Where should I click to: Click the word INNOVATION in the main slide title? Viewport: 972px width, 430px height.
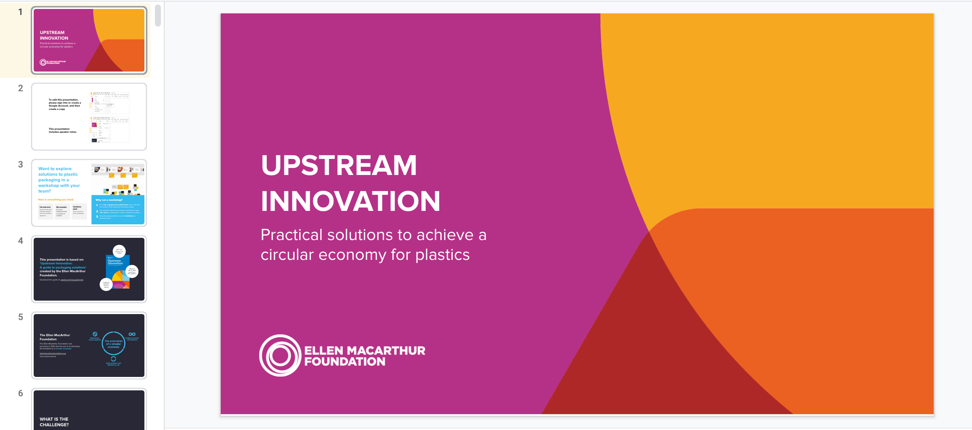click(350, 201)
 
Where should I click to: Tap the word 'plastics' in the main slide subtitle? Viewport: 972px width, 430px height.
click(442, 255)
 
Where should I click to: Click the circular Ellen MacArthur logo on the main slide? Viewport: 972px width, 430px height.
click(280, 355)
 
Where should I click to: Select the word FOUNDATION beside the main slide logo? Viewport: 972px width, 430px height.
click(345, 362)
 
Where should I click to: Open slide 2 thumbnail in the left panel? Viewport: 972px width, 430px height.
click(89, 117)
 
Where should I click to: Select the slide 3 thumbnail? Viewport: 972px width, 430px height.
click(89, 193)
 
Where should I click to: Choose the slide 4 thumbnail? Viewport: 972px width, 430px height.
click(89, 269)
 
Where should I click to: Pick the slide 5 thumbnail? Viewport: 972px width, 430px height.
click(89, 345)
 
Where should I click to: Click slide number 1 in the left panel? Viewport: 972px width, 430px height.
click(20, 12)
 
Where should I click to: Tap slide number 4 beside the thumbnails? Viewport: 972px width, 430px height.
click(20, 241)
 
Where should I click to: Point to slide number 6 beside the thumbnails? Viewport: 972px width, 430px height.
click(20, 393)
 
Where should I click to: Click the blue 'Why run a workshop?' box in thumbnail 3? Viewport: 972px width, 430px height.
click(118, 209)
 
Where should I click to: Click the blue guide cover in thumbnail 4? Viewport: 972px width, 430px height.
click(118, 271)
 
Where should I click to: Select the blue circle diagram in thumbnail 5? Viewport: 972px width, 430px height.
click(113, 343)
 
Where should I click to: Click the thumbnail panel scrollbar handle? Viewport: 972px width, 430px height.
click(158, 15)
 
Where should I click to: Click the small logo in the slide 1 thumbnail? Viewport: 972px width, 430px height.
click(43, 62)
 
